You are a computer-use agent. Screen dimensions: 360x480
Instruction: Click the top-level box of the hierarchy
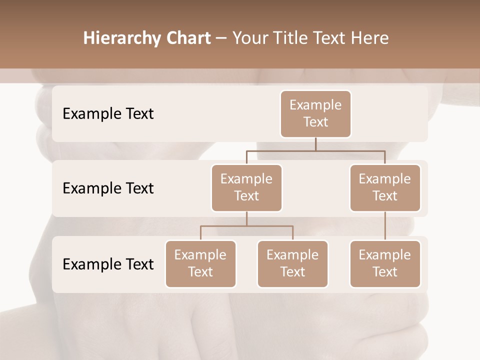[x=315, y=114]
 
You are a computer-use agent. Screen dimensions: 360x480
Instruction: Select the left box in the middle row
[x=246, y=188]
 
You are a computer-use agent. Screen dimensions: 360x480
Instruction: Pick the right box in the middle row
[x=385, y=188]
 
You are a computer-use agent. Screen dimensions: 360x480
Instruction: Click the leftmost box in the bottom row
[x=200, y=264]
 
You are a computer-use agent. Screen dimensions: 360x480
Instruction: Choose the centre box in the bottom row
[x=292, y=264]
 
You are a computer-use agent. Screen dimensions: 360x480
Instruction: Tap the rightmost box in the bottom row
[x=385, y=264]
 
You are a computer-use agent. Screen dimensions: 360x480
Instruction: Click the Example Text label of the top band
[x=108, y=114]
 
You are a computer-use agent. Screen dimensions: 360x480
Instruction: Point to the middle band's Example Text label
[x=108, y=188]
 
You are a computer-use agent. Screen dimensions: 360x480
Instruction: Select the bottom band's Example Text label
[x=108, y=264]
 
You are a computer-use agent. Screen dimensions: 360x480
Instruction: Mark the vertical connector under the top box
[x=315, y=144]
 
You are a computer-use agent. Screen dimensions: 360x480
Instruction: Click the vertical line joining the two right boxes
[x=385, y=226]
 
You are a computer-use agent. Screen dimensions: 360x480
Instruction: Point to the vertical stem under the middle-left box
[x=246, y=218]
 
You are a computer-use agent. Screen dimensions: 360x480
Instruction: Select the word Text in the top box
[x=315, y=122]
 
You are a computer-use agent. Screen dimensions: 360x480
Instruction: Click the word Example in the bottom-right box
[x=385, y=255]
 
